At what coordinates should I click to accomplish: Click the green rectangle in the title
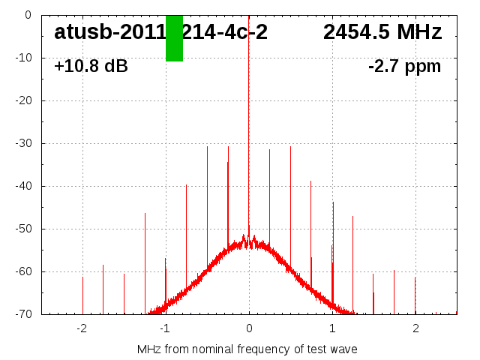point(174,38)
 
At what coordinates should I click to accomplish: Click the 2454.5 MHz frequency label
point(382,32)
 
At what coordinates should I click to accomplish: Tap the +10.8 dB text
point(91,67)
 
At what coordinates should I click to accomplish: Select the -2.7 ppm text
point(404,67)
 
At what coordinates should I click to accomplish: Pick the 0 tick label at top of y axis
point(27,15)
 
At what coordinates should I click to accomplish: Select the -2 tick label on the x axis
point(81,328)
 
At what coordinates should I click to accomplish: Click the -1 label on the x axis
point(164,328)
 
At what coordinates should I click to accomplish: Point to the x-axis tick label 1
point(332,328)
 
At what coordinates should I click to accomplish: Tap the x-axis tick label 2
point(415,328)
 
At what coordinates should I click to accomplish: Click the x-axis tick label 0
point(249,328)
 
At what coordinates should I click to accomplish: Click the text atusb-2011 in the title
point(109,32)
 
